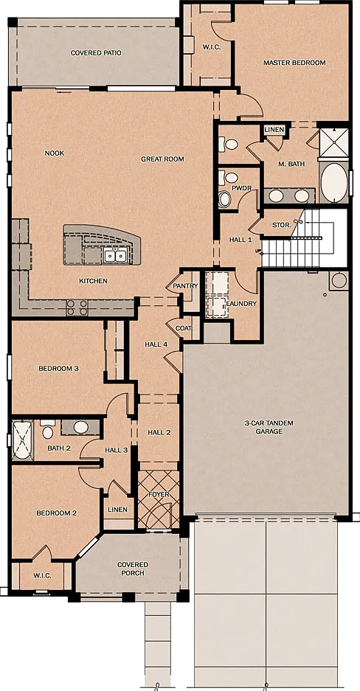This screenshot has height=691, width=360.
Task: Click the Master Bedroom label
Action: click(x=294, y=63)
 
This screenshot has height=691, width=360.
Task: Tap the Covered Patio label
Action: click(x=96, y=53)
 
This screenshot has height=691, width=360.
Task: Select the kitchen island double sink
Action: click(x=116, y=255)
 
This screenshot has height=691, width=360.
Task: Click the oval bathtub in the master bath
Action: click(x=333, y=182)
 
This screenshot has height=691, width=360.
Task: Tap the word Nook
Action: click(x=55, y=153)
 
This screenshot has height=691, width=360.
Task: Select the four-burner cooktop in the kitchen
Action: click(x=77, y=308)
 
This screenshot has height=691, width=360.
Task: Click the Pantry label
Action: click(x=185, y=286)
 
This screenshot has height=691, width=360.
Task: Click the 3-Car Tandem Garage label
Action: click(x=269, y=428)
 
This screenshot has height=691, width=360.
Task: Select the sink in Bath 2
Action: click(x=80, y=427)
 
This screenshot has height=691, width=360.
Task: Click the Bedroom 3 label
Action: click(x=58, y=369)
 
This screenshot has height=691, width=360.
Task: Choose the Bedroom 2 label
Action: click(x=56, y=513)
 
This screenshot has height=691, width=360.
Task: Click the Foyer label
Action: click(x=159, y=494)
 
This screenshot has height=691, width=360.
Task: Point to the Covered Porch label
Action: click(x=133, y=569)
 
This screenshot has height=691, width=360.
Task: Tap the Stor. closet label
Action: click(x=282, y=225)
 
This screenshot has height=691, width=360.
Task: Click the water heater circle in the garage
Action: click(x=339, y=281)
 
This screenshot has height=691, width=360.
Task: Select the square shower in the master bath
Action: click(x=333, y=142)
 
